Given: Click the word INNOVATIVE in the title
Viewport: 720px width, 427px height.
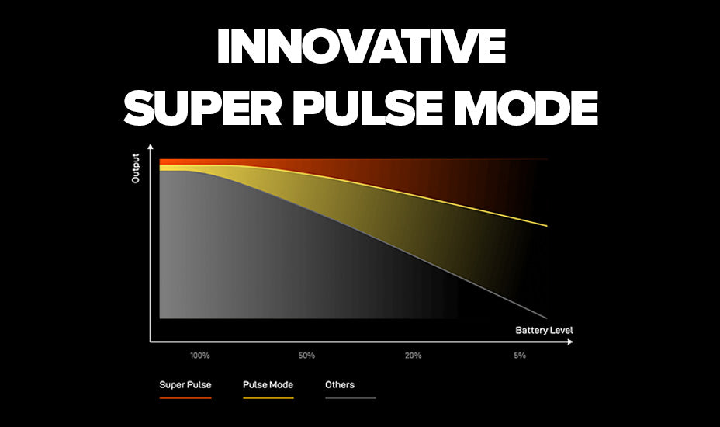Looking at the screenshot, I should pyautogui.click(x=360, y=48).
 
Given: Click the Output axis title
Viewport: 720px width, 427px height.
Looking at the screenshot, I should pyautogui.click(x=136, y=168).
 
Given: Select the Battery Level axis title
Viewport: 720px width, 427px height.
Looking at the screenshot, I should pyautogui.click(x=544, y=330).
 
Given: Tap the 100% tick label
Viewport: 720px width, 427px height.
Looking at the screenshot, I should pyautogui.click(x=200, y=356).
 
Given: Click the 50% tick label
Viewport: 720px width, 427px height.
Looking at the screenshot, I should pyautogui.click(x=306, y=356).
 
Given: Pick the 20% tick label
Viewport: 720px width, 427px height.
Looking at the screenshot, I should pyautogui.click(x=413, y=356).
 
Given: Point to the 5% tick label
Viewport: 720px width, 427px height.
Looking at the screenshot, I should pyautogui.click(x=520, y=356).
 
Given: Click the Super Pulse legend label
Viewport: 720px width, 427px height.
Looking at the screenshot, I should pyautogui.click(x=185, y=384).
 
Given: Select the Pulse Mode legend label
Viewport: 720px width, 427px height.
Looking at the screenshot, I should pyautogui.click(x=268, y=384).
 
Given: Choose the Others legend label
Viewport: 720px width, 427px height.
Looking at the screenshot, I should pyautogui.click(x=340, y=384).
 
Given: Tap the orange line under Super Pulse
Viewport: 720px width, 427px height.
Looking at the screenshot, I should pyautogui.click(x=185, y=397).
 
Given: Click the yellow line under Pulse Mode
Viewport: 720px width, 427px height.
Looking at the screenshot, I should pyautogui.click(x=268, y=397).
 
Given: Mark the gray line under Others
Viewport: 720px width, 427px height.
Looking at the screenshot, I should pyautogui.click(x=350, y=397).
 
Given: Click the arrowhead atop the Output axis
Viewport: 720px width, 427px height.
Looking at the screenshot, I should pyautogui.click(x=151, y=148).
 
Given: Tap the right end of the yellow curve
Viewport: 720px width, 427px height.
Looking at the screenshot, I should pyautogui.click(x=547, y=226).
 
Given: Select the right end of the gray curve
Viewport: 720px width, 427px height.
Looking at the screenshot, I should pyautogui.click(x=547, y=317).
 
